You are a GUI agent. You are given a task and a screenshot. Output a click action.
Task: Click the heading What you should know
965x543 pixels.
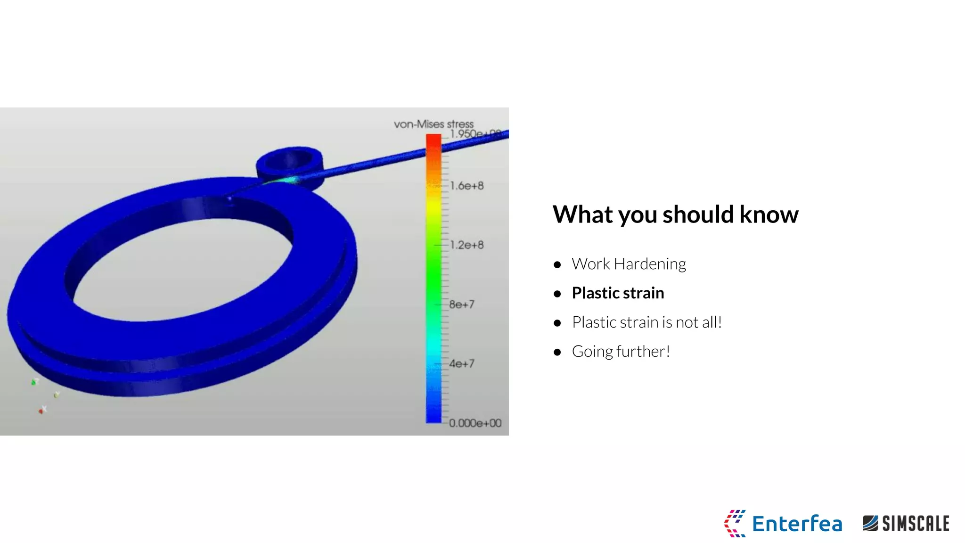tap(675, 214)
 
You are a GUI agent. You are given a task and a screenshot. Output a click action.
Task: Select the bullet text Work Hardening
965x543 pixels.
tap(629, 264)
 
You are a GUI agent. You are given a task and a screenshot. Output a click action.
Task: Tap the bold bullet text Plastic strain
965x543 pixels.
tap(618, 293)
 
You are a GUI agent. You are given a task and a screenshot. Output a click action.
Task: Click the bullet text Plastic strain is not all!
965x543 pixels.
tap(646, 322)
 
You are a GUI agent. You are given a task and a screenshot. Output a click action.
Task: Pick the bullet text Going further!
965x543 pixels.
tap(621, 352)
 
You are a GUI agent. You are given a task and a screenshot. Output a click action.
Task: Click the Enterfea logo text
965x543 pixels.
tap(797, 524)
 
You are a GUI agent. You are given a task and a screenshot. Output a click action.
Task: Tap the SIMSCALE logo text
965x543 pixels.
tap(915, 524)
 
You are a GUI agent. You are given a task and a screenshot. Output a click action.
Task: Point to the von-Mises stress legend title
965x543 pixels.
tap(433, 124)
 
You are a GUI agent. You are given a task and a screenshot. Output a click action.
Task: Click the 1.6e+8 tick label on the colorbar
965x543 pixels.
tap(466, 186)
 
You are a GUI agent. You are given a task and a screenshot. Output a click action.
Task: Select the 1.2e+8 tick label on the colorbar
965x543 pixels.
tap(466, 245)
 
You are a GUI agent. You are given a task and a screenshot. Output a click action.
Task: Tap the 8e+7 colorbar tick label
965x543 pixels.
tap(462, 304)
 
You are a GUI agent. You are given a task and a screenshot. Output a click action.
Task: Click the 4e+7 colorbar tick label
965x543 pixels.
tap(462, 364)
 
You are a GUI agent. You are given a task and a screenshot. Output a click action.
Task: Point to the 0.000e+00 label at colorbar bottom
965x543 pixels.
tap(475, 423)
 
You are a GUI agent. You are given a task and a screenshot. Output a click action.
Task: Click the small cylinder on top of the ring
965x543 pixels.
tap(290, 162)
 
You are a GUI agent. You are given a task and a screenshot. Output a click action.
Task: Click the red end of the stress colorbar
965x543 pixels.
tap(433, 141)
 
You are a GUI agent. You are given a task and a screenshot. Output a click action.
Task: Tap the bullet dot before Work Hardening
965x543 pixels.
tap(557, 265)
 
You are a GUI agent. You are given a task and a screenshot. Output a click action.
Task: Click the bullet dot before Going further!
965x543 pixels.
tap(557, 352)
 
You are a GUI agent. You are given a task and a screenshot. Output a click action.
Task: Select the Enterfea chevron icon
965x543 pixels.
tap(734, 523)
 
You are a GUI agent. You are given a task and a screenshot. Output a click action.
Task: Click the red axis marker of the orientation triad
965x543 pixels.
tap(41, 411)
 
